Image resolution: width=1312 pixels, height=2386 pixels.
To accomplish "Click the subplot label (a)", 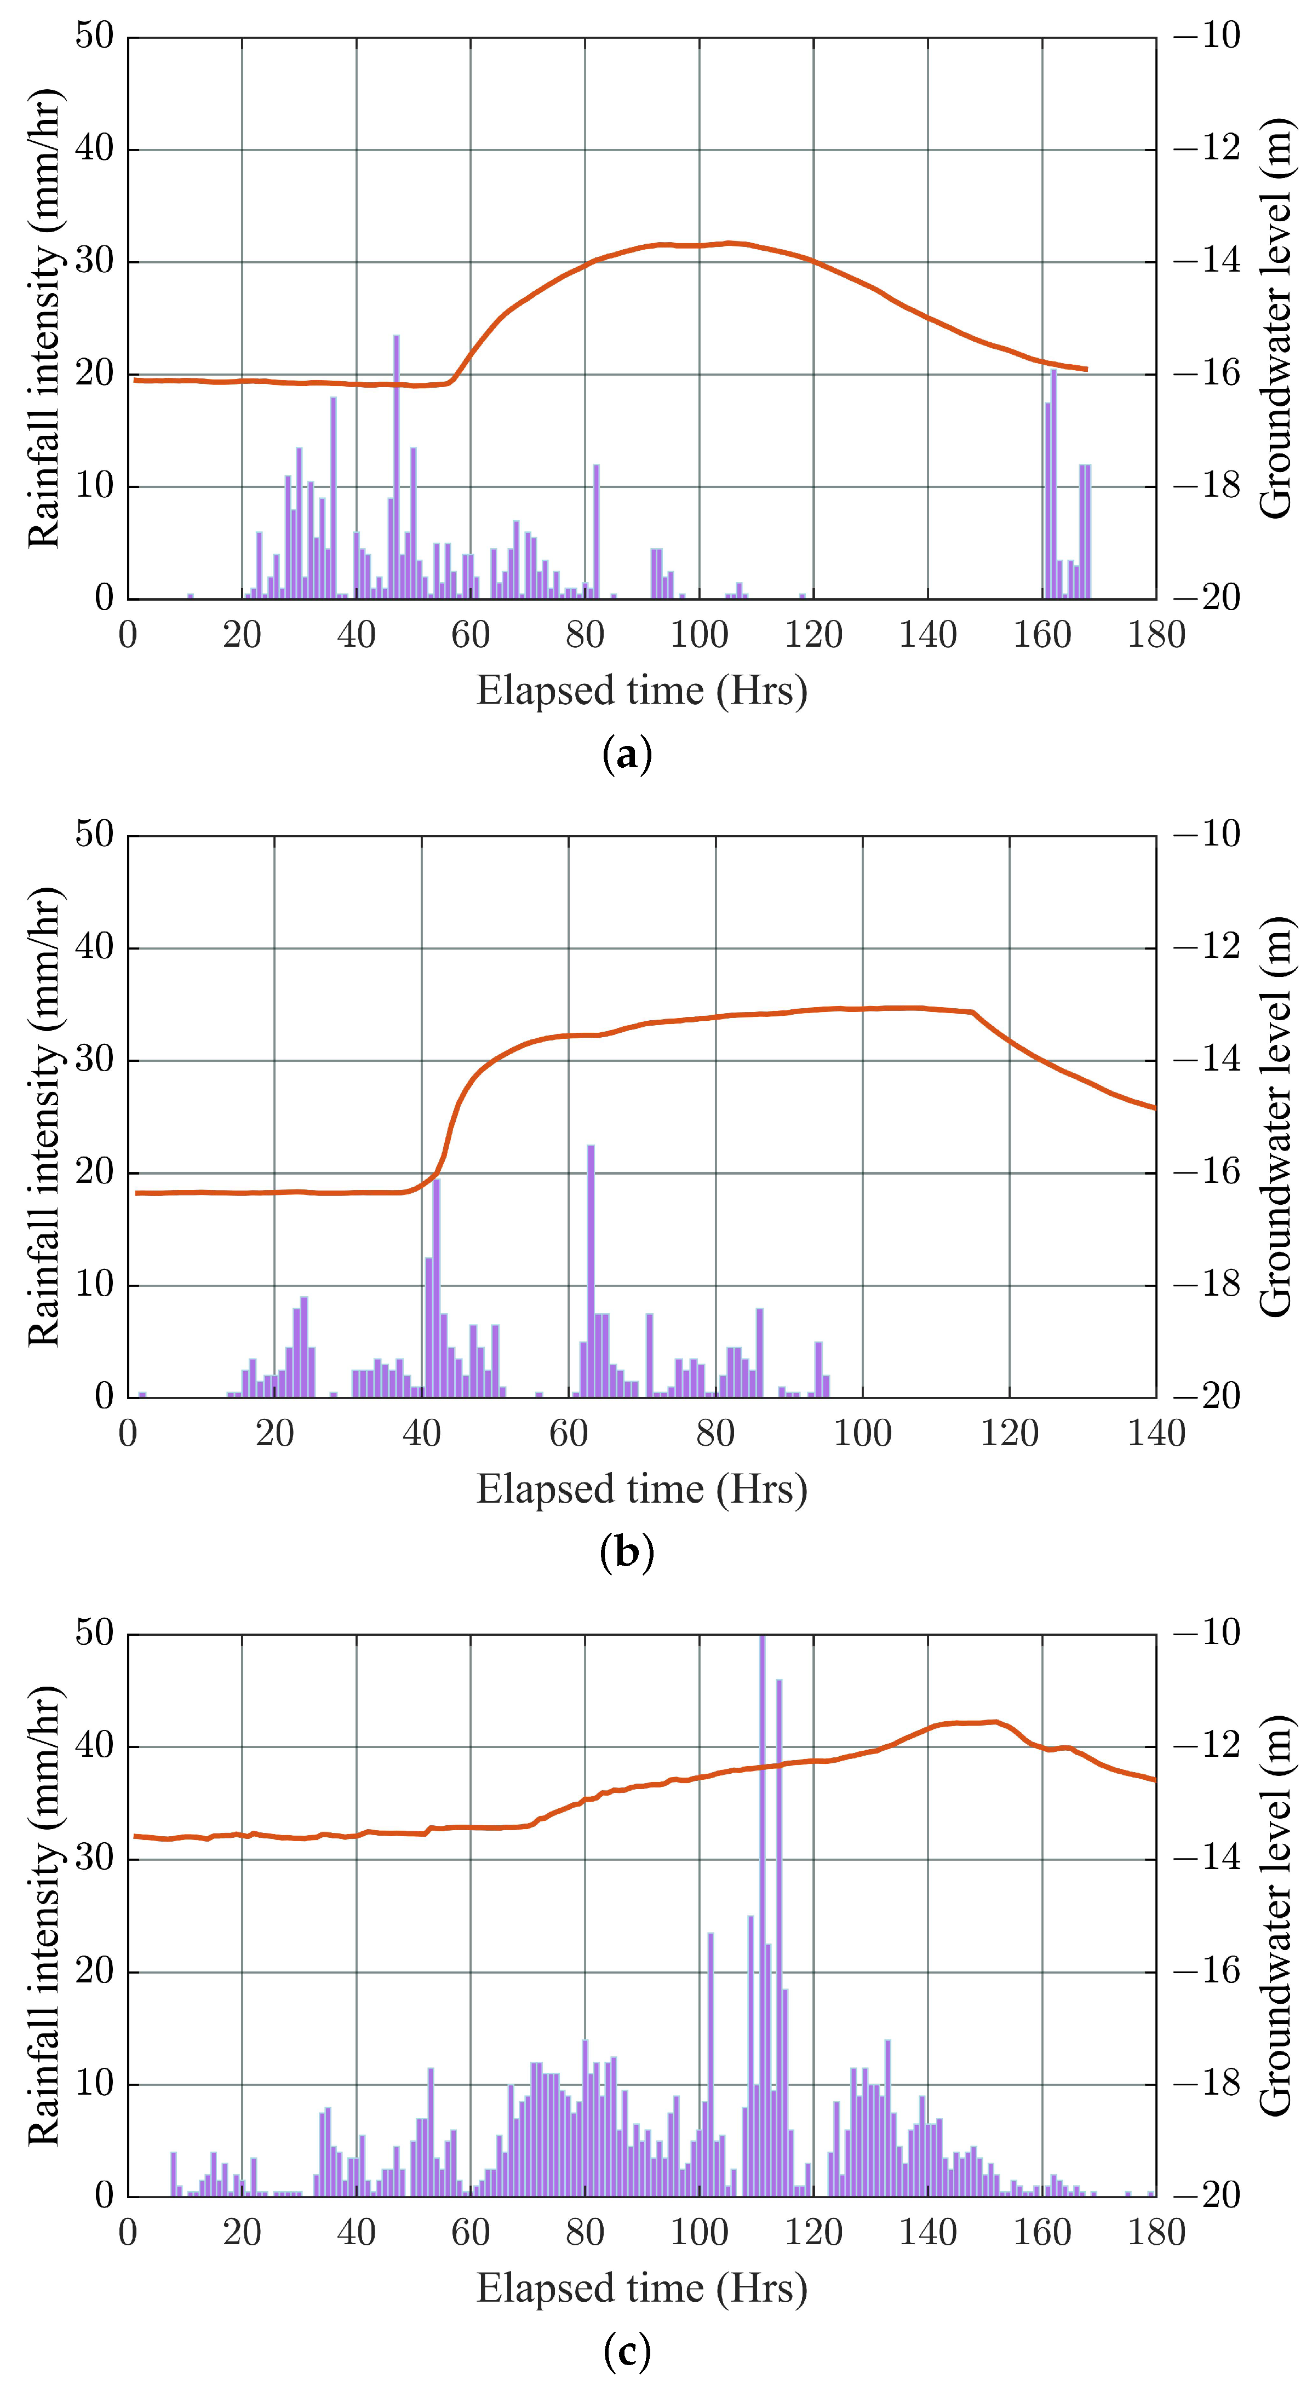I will pyautogui.click(x=627, y=755).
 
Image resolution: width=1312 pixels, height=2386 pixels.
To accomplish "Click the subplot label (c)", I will pyautogui.click(x=627, y=2351).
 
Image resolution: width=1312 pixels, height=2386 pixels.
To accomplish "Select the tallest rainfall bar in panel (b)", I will pyautogui.click(x=590, y=1271).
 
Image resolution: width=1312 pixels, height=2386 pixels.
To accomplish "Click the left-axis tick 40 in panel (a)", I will pyautogui.click(x=95, y=149).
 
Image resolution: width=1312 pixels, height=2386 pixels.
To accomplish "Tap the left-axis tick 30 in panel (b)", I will pyautogui.click(x=95, y=1061).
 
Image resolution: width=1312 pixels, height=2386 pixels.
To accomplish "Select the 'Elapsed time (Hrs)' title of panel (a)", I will pyautogui.click(x=642, y=692).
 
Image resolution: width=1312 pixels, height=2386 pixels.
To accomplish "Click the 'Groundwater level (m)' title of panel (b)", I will pyautogui.click(x=1277, y=1116).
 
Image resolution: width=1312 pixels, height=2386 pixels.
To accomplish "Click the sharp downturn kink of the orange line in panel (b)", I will pyautogui.click(x=973, y=1013).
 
